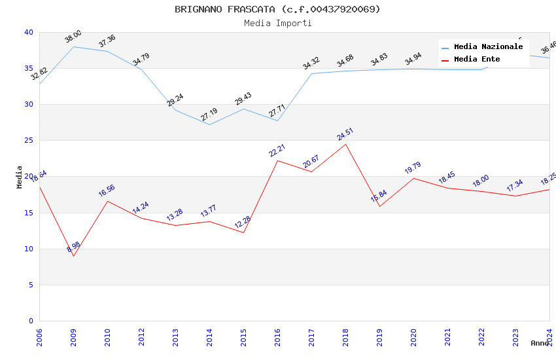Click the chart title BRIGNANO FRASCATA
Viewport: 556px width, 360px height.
coord(277,9)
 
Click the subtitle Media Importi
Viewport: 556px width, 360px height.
coord(277,23)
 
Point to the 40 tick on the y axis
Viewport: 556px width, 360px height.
coord(28,32)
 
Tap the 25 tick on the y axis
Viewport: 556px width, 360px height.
coord(28,141)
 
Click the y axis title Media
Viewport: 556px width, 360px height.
coord(20,177)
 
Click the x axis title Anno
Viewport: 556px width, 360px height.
coord(540,343)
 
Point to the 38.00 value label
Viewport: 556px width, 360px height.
coord(73,37)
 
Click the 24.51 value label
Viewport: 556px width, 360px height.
coord(345,134)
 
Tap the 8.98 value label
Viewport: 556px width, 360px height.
coord(73,247)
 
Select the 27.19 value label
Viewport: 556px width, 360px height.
coord(209,115)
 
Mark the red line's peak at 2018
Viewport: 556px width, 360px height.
coord(345,144)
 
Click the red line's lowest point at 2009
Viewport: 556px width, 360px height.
coord(73,256)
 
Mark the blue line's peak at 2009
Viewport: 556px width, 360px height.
coord(73,46)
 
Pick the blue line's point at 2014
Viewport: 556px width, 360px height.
coord(209,124)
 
